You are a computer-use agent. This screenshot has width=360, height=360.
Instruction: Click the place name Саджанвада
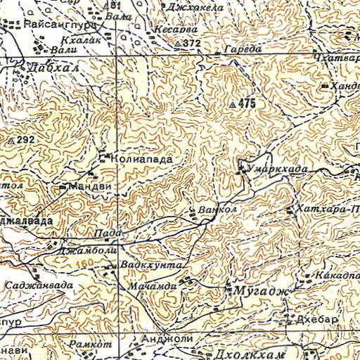[38, 285]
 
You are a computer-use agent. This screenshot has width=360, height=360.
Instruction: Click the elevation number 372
[191, 44]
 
